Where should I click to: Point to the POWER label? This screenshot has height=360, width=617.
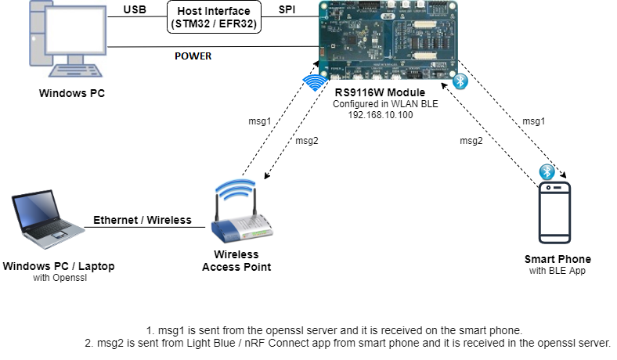click(192, 56)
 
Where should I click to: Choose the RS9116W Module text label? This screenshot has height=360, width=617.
click(381, 93)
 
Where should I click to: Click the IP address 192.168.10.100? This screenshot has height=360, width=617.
click(381, 114)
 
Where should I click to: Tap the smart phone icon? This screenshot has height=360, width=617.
click(554, 214)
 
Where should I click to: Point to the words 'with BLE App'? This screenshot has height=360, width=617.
click(557, 272)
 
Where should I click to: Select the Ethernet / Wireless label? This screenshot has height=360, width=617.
click(143, 220)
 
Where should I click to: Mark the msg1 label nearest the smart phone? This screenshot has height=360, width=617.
click(533, 121)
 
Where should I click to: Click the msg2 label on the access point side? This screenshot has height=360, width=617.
click(306, 141)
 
